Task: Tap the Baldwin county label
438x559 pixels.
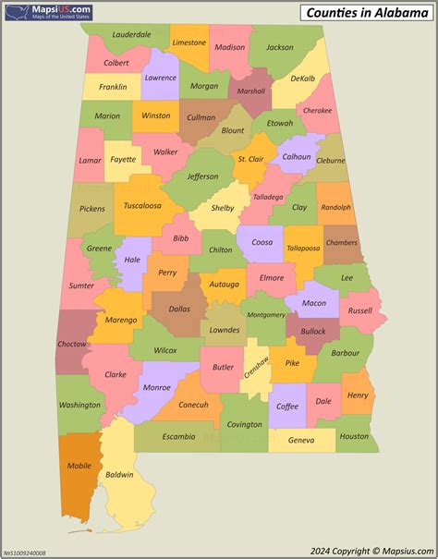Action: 119,475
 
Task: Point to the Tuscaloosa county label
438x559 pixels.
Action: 142,205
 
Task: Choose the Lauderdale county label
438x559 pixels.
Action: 132,34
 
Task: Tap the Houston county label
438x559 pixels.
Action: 353,436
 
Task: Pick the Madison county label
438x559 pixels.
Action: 229,47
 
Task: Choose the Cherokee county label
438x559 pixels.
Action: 317,110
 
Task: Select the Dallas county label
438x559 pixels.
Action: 178,310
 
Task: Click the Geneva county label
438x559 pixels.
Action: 301,441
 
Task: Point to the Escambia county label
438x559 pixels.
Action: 178,436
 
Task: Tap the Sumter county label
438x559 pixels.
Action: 81,286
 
